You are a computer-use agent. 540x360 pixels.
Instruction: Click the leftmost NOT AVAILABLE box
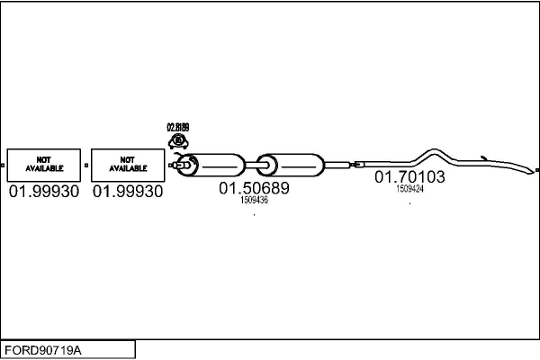pos(43,165)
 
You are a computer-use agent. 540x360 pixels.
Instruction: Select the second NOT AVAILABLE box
pos(128,165)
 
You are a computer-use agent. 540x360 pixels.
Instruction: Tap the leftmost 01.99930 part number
pos(43,192)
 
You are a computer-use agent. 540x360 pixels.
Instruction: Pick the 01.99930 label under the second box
pos(128,192)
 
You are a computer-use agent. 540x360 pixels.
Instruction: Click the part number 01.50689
pos(254,189)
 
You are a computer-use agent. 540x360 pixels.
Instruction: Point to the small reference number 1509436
pos(254,201)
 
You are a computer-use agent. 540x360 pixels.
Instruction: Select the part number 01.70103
pos(409,177)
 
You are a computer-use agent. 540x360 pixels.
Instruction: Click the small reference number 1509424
pos(409,189)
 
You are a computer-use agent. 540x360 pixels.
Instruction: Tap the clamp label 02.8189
pos(178,128)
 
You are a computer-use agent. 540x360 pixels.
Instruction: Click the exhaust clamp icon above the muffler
pos(178,141)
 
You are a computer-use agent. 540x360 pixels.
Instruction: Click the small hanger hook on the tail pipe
pos(482,157)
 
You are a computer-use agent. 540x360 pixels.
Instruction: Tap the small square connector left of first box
pos(4,166)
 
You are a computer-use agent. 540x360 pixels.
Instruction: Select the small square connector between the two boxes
pos(85,166)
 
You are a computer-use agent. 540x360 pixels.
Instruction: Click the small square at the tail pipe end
pos(536,169)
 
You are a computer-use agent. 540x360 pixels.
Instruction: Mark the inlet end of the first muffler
pos(184,165)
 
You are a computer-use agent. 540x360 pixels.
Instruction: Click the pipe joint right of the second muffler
pos(355,165)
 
